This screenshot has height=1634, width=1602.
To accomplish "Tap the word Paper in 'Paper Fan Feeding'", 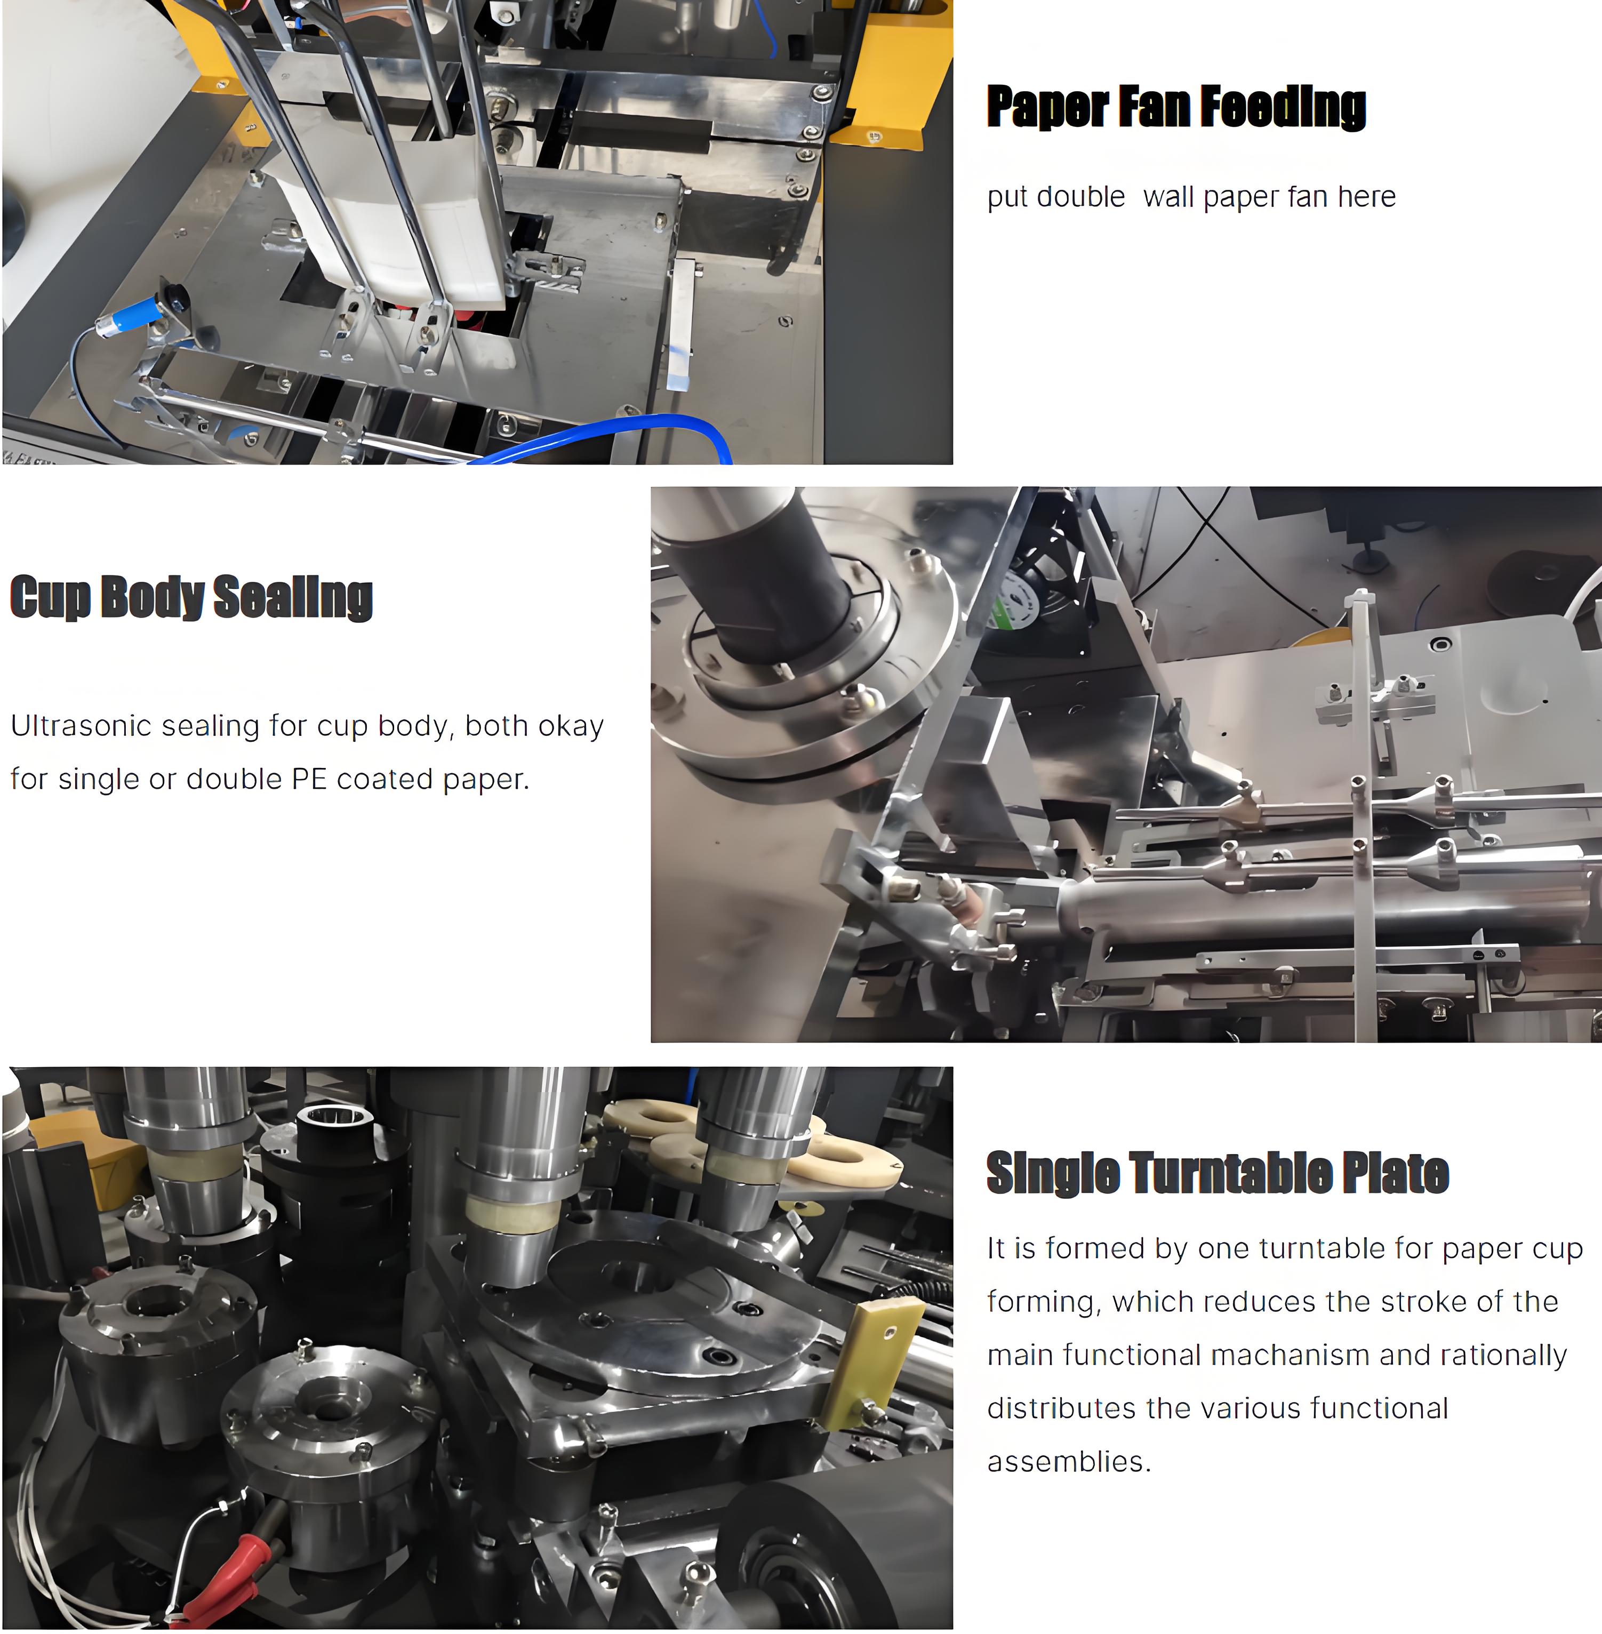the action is coord(1047,108).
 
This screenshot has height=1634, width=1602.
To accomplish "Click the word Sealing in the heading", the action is coord(293,597).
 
